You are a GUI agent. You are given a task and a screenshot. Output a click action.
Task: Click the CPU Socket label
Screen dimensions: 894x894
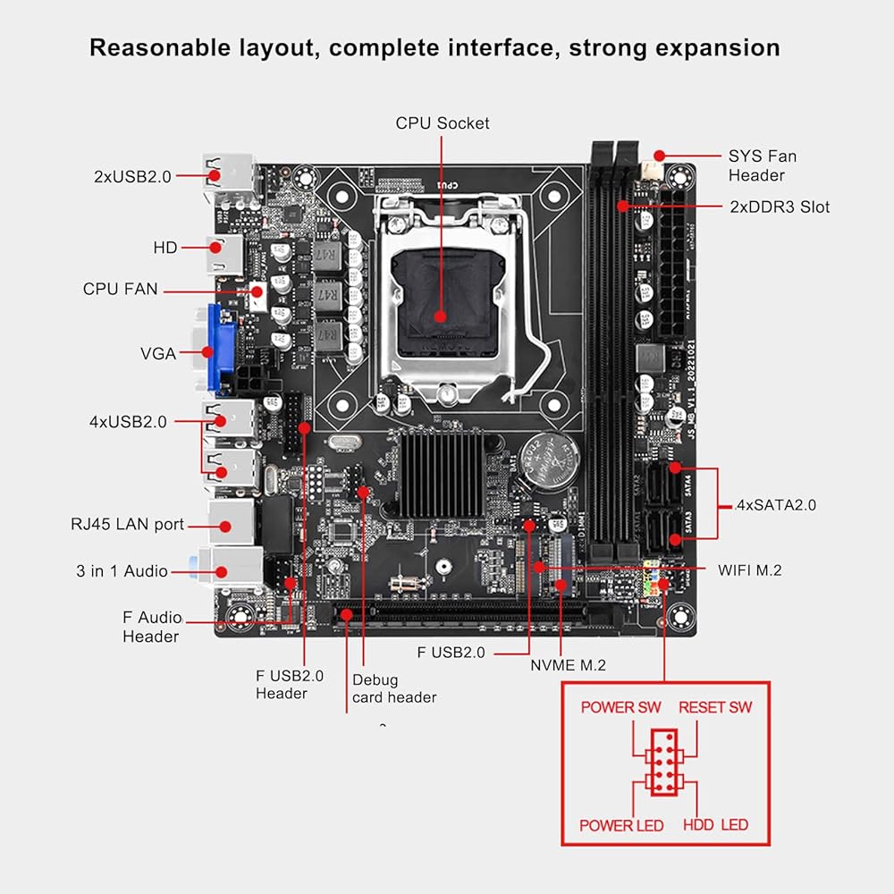point(443,122)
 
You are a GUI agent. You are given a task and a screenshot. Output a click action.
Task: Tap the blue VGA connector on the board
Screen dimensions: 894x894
point(220,350)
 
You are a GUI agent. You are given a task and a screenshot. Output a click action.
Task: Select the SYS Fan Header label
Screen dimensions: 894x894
point(762,165)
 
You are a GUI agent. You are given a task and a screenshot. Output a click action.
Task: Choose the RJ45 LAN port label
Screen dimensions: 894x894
point(127,524)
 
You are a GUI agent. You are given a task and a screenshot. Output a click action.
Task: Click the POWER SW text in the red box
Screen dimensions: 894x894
point(620,707)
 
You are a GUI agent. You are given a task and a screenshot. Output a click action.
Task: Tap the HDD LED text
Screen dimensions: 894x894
point(715,824)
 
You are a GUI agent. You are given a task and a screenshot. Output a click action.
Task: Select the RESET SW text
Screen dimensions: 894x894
point(715,707)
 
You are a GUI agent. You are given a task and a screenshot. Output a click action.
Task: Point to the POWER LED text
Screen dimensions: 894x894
point(621,824)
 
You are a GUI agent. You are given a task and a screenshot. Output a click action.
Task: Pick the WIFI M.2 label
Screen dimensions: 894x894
point(749,569)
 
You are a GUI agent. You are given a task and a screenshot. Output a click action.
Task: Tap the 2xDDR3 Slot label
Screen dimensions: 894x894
point(780,207)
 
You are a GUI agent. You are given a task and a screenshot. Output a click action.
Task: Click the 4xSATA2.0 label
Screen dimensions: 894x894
point(775,505)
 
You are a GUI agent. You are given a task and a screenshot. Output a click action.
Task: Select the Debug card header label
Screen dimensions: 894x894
point(394,688)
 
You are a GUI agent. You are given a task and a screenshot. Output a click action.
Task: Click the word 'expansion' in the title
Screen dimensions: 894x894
point(717,46)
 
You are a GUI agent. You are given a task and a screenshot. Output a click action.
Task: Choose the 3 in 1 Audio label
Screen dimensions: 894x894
point(121,570)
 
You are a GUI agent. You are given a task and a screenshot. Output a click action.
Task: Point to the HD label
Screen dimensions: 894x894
point(165,248)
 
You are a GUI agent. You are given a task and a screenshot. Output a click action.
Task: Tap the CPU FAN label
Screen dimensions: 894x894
point(120,289)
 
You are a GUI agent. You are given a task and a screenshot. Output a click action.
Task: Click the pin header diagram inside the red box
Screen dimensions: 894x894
point(664,762)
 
